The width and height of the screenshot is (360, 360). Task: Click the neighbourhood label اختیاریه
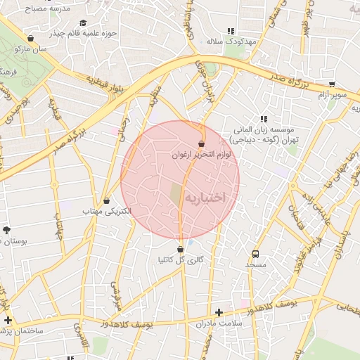[x=205, y=198]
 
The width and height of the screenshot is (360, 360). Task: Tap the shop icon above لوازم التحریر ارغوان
[x=202, y=143]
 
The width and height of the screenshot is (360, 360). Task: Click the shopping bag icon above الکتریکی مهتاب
[x=106, y=201]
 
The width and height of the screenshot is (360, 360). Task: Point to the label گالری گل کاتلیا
[x=181, y=259]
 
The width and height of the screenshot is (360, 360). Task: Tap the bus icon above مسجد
[x=255, y=255]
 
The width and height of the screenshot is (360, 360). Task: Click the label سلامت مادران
[x=219, y=323]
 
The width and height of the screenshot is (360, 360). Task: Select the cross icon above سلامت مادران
[x=219, y=313]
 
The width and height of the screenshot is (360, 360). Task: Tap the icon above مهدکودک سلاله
[x=230, y=31]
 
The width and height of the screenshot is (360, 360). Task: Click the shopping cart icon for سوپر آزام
[x=332, y=84]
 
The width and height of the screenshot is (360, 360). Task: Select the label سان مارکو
[x=33, y=49]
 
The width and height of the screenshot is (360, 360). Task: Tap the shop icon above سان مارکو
[x=30, y=39]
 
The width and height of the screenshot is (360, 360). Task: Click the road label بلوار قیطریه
[x=108, y=83]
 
